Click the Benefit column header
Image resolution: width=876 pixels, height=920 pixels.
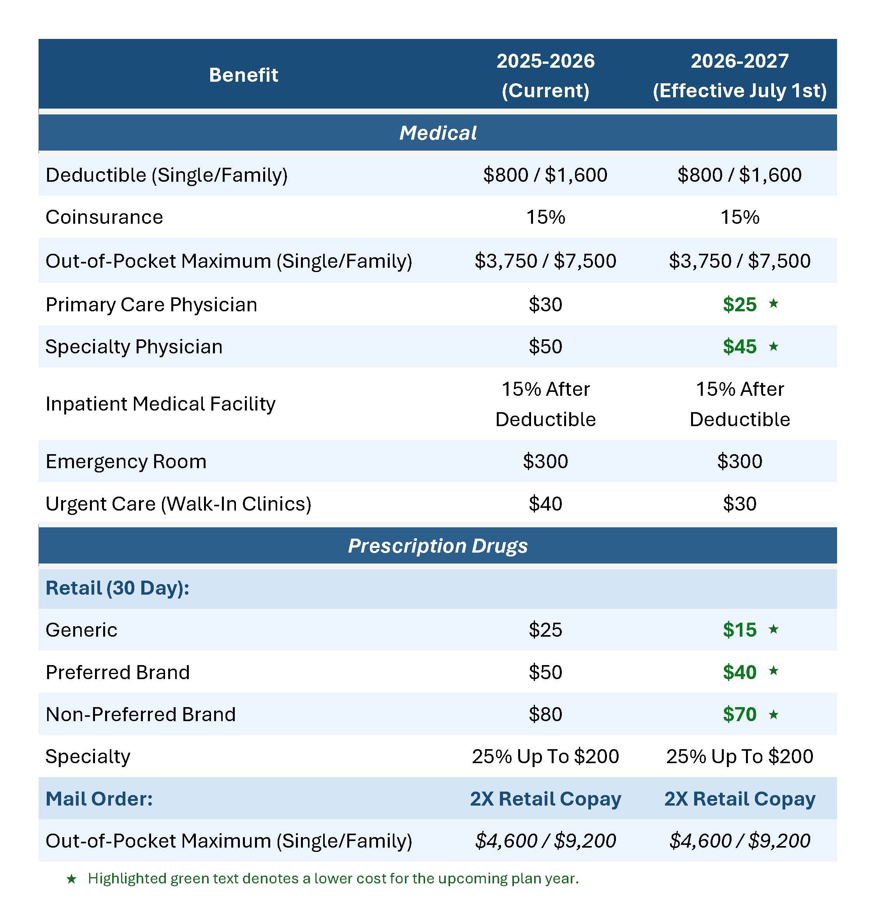point(243,75)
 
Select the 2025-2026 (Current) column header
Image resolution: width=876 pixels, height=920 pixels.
point(545,75)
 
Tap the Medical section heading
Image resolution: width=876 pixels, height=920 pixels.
point(438,133)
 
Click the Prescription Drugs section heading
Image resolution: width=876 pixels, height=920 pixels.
point(438,546)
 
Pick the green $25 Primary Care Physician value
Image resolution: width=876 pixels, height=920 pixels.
point(740,304)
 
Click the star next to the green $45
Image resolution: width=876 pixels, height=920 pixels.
point(774,346)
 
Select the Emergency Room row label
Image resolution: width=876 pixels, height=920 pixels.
point(126,461)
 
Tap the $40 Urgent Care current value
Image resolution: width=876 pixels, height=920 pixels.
point(545,504)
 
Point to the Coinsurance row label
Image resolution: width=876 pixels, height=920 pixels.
point(104,217)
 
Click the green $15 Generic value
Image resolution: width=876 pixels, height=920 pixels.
point(740,630)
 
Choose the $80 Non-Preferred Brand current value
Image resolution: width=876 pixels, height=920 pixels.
point(545,714)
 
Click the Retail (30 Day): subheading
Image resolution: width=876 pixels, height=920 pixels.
point(117,588)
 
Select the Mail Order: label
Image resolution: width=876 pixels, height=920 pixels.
point(99,799)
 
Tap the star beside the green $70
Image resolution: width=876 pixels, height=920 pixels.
point(774,714)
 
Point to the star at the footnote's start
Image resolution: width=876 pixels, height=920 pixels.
point(72,879)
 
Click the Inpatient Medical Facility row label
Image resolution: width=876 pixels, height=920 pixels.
point(160,404)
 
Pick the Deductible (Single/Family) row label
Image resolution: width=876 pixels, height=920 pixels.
point(166,175)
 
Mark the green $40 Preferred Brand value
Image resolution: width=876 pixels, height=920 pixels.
point(740,672)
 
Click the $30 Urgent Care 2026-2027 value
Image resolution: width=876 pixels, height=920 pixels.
point(740,504)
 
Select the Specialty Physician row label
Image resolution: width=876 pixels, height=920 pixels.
point(134,346)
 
